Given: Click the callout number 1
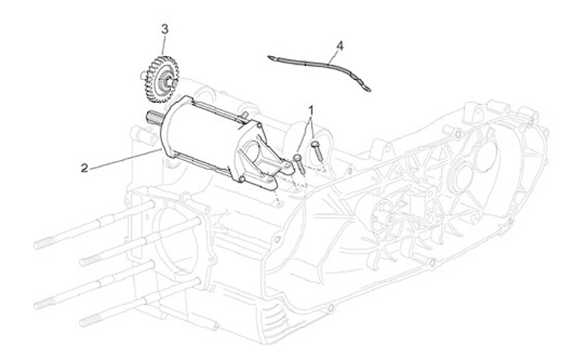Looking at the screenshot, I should click(x=310, y=108).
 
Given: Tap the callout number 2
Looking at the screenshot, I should click(x=84, y=168).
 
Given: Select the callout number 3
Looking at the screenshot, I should click(x=164, y=29).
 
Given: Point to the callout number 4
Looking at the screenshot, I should click(x=339, y=44).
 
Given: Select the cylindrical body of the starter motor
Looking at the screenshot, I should click(x=204, y=135).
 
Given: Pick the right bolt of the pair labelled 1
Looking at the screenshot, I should click(x=315, y=149).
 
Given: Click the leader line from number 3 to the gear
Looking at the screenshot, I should click(x=166, y=46).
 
